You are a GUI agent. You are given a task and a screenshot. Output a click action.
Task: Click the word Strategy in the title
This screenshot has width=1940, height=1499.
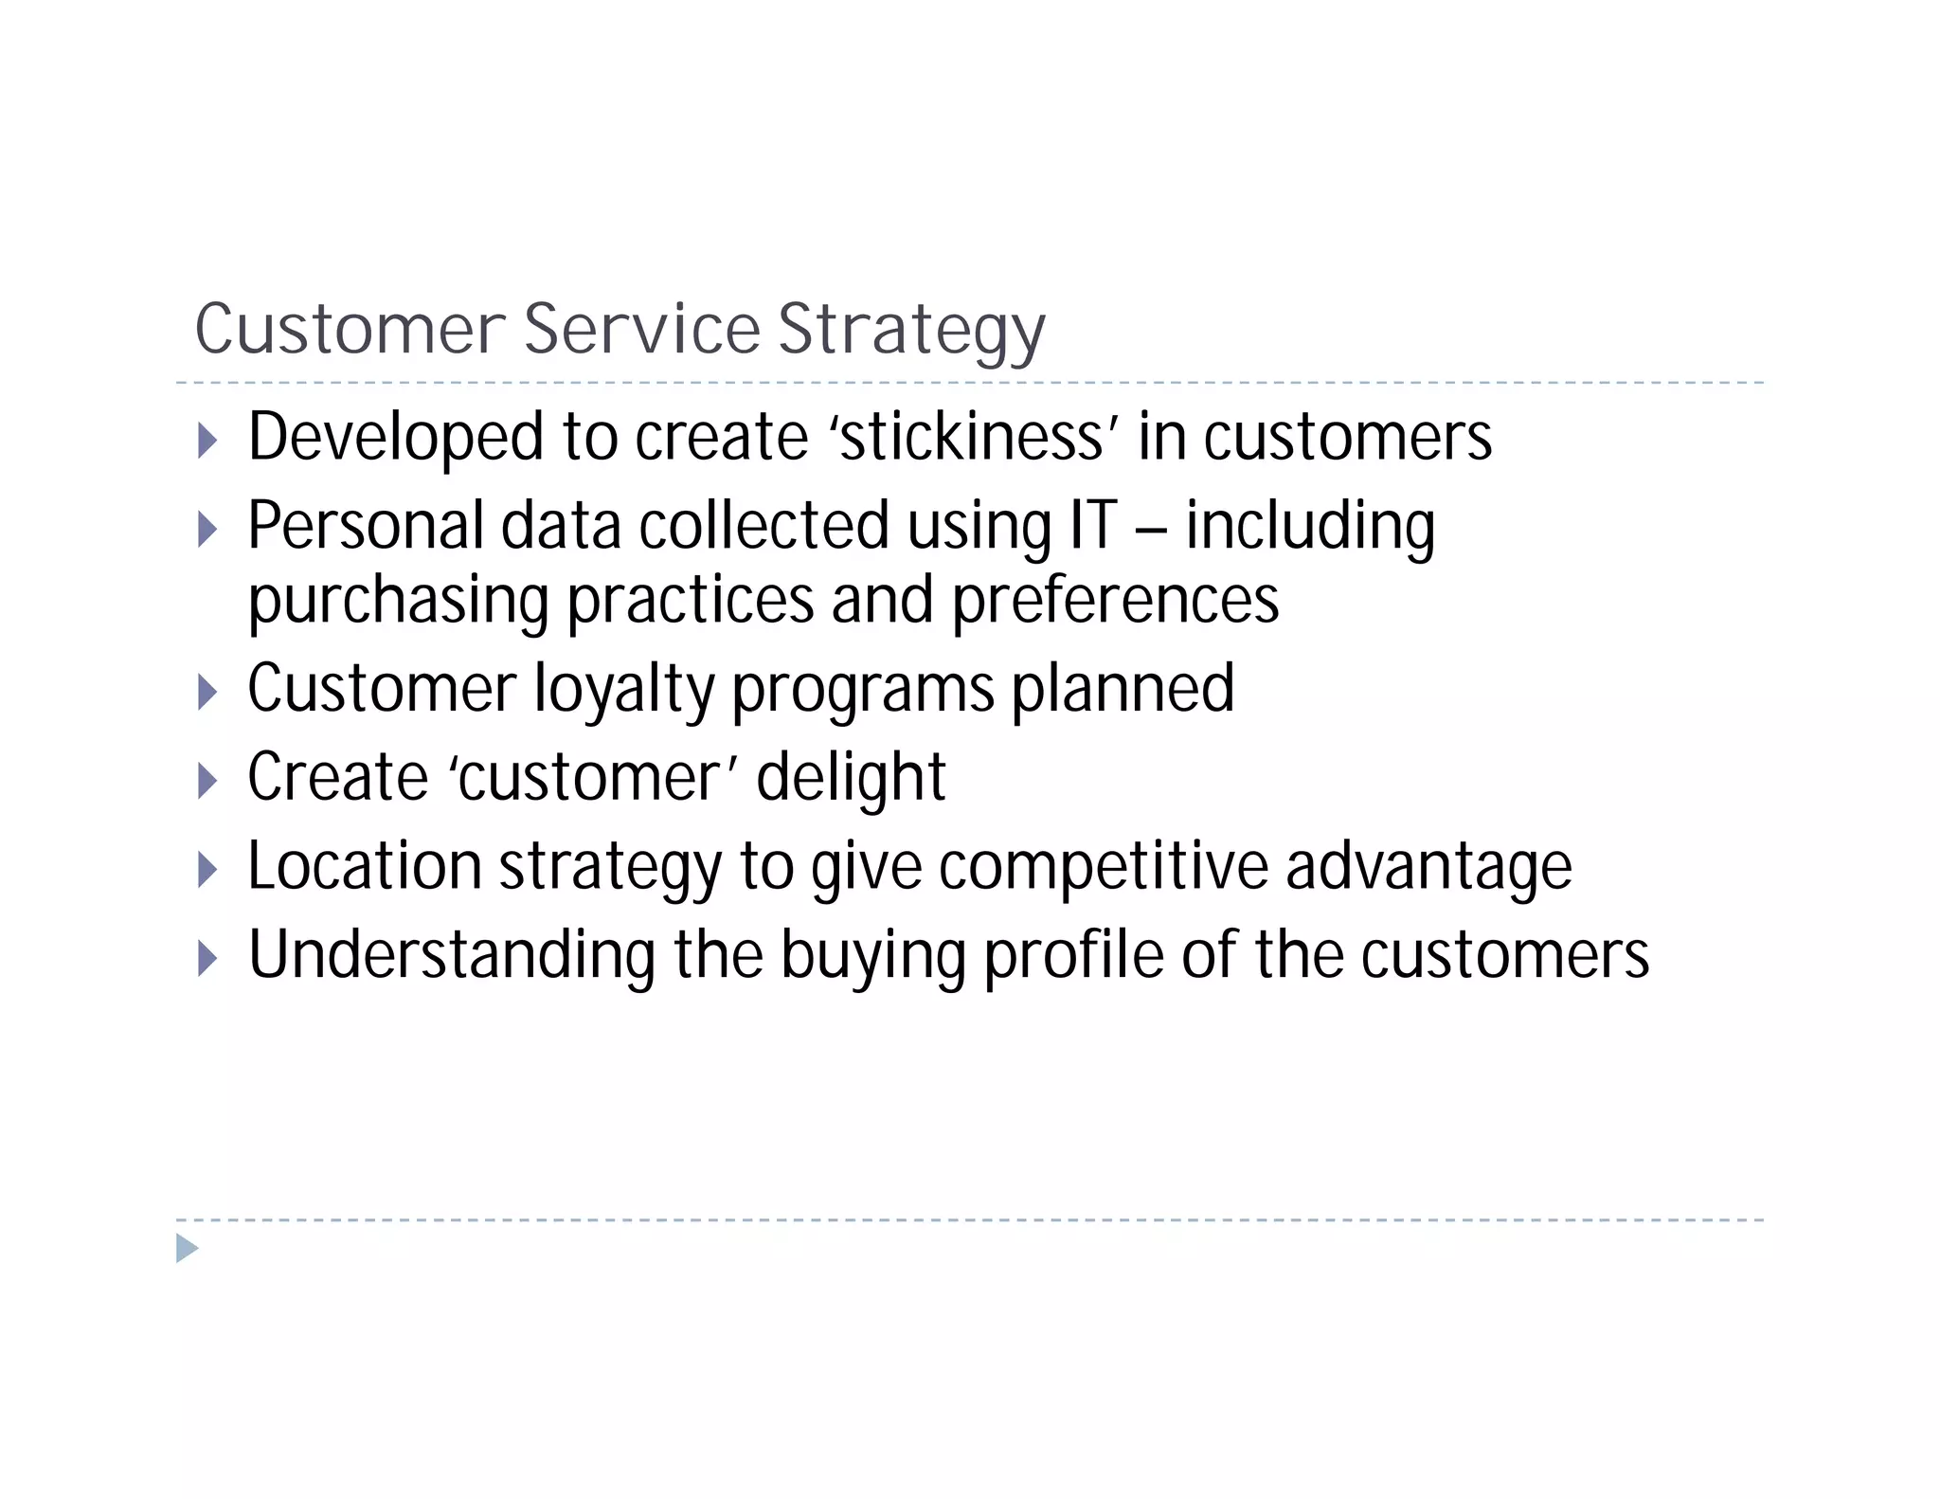click(x=911, y=331)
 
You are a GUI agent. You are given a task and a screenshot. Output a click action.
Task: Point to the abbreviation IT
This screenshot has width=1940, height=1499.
click(x=1092, y=527)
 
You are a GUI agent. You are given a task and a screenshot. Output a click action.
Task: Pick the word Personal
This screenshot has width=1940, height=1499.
click(x=366, y=527)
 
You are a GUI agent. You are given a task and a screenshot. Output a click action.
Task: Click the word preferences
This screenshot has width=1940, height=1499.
click(x=1115, y=601)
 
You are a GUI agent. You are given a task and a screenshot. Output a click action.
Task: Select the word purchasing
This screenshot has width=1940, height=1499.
click(x=398, y=603)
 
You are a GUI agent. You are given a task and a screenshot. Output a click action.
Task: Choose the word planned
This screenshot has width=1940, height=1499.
click(x=1123, y=690)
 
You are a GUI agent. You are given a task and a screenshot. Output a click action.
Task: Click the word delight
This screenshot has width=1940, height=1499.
click(x=851, y=778)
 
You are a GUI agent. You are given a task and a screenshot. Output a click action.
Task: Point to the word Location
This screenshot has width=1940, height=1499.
click(x=365, y=867)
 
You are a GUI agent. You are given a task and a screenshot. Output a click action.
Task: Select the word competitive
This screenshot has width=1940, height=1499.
click(x=1104, y=867)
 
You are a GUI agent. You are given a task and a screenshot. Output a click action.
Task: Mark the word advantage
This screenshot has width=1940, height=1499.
click(x=1428, y=867)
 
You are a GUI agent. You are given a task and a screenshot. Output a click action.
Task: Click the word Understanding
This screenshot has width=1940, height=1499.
click(x=452, y=955)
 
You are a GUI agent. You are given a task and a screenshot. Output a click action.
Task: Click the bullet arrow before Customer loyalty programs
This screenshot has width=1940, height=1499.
click(x=207, y=693)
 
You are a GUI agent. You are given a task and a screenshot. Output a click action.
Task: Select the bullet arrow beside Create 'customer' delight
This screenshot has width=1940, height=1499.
click(x=207, y=781)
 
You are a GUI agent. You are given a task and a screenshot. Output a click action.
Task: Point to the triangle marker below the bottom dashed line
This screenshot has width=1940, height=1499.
click(x=188, y=1248)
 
